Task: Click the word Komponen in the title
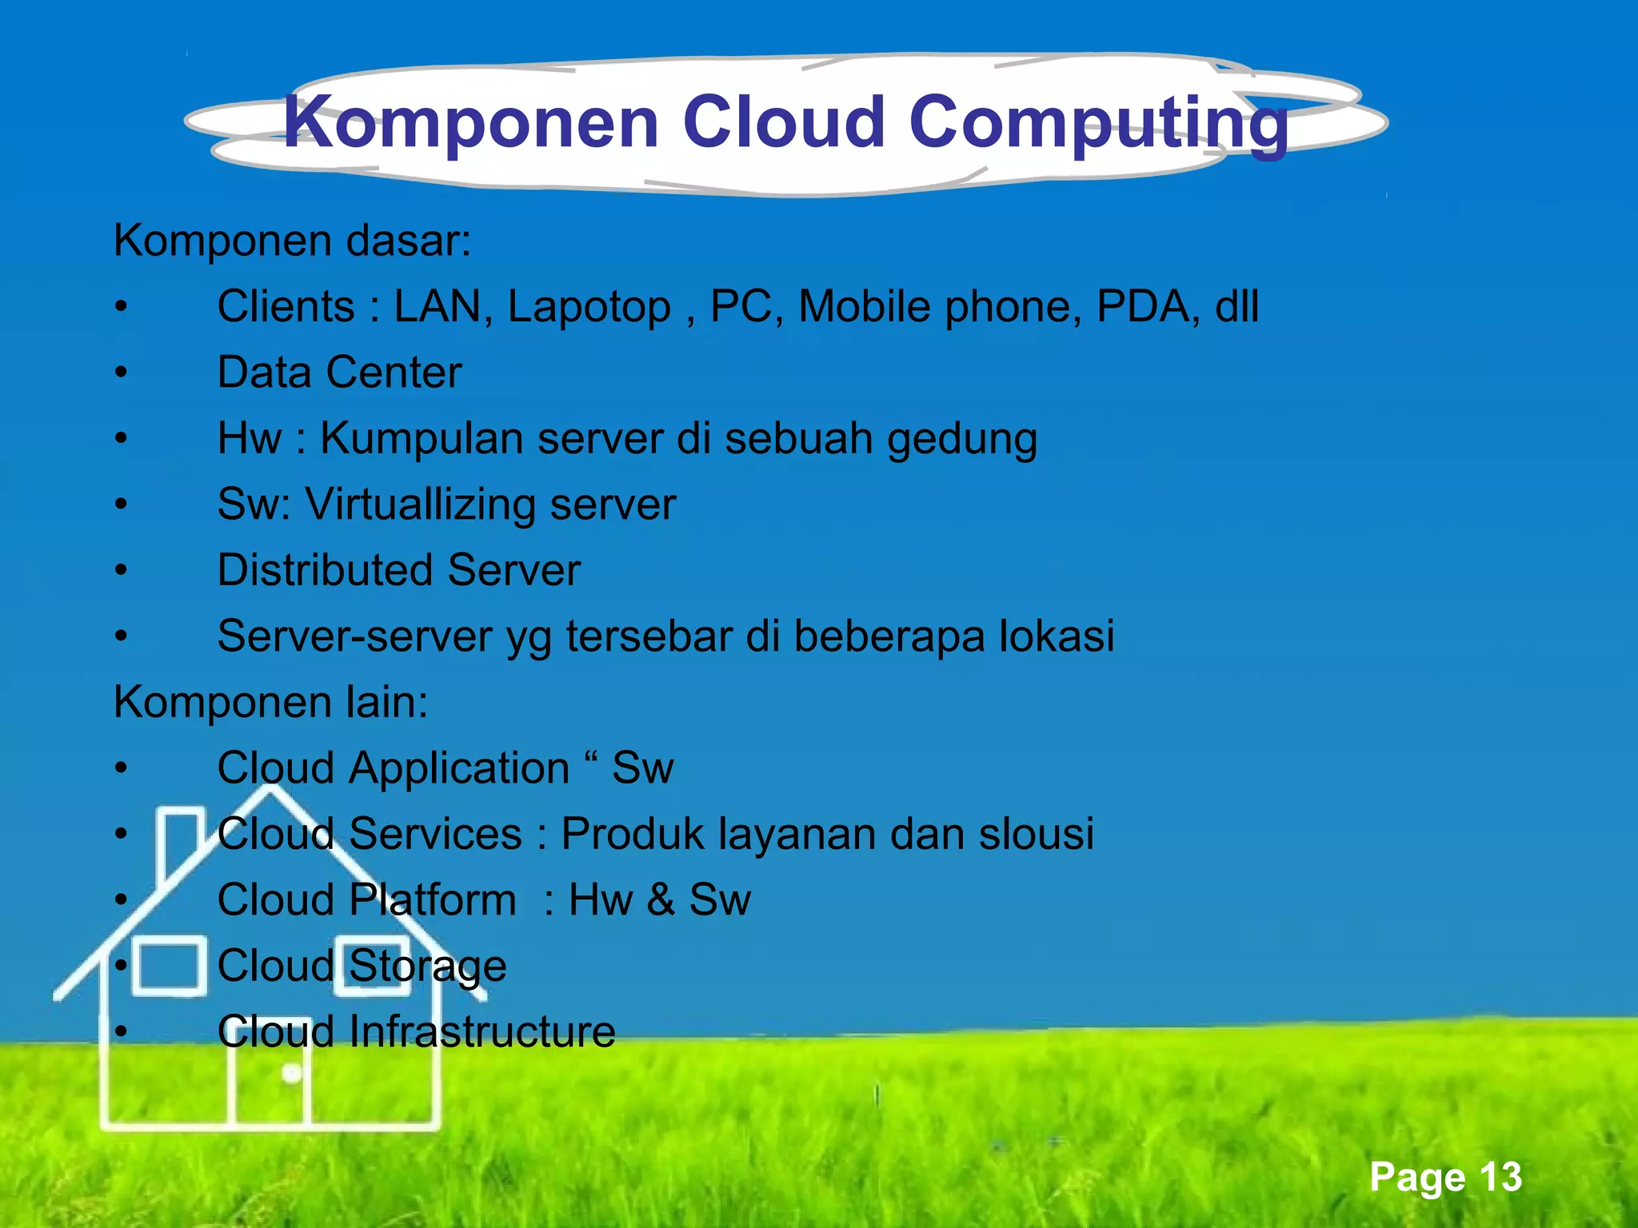click(x=470, y=122)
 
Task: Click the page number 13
click(x=1500, y=1177)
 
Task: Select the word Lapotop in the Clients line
click(x=589, y=308)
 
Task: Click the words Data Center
click(x=339, y=373)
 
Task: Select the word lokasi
click(x=1057, y=636)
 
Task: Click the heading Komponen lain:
click(x=271, y=703)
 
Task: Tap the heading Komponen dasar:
click(x=293, y=241)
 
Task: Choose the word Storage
click(x=427, y=967)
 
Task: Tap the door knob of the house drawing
click(x=292, y=1074)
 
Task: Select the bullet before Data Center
click(x=121, y=373)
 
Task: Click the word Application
click(x=459, y=768)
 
